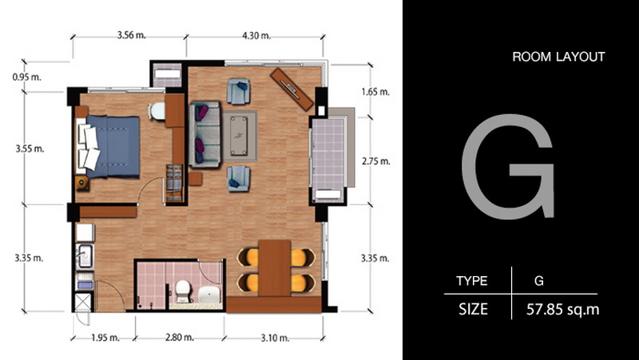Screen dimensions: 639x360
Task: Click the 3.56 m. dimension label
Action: click(x=132, y=35)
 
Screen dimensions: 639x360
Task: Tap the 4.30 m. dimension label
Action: click(x=256, y=35)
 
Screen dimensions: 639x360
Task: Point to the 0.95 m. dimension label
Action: click(x=27, y=77)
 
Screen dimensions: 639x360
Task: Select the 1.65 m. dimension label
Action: click(x=375, y=92)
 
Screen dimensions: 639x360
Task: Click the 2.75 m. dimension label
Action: click(x=375, y=161)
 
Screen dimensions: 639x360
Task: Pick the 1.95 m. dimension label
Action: click(x=105, y=338)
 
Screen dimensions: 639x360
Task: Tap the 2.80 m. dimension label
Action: click(x=179, y=338)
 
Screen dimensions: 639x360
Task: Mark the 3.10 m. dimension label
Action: click(x=274, y=338)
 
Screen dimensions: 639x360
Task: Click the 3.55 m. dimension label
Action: click(x=30, y=148)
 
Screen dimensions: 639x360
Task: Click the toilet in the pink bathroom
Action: click(x=182, y=291)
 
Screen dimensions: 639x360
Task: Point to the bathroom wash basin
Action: click(x=209, y=295)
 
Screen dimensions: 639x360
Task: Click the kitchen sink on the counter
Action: click(x=85, y=255)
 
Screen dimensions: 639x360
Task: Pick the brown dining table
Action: click(x=275, y=268)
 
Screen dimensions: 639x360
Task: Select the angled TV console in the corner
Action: click(x=292, y=89)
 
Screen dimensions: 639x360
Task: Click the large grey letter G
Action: click(x=508, y=167)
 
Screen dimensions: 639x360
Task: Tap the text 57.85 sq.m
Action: click(x=563, y=310)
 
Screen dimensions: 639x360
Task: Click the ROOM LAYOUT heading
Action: click(x=558, y=57)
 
